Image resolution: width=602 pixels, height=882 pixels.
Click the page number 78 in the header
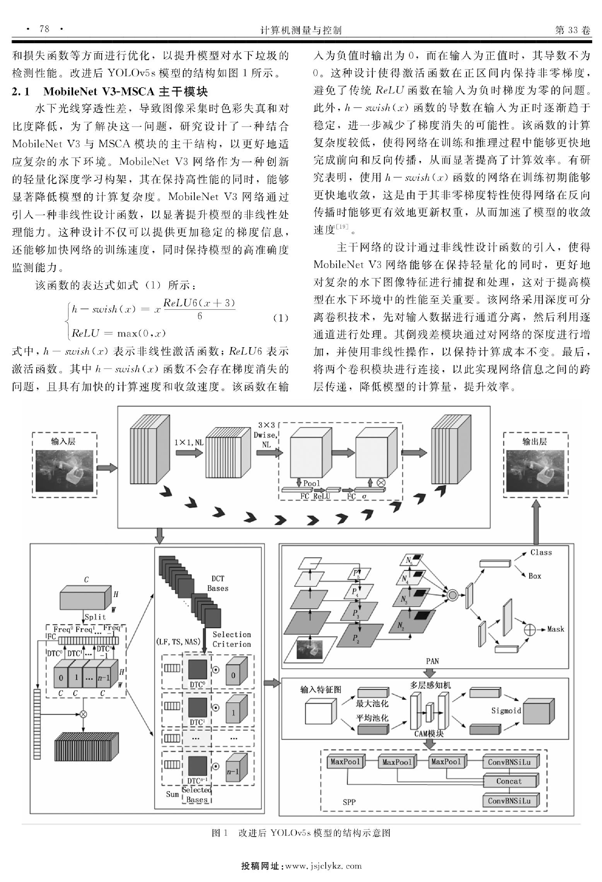44,29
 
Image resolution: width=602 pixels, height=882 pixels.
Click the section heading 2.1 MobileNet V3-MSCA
110,92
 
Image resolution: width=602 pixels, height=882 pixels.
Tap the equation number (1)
281,318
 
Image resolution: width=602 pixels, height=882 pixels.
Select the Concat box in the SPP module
509,781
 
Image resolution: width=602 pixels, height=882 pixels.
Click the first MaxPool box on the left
345,762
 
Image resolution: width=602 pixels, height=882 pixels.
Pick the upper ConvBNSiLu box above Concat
509,762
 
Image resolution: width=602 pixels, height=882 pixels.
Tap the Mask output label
555,629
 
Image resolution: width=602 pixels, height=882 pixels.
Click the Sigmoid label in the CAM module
506,711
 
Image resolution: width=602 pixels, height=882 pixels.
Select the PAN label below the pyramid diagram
432,661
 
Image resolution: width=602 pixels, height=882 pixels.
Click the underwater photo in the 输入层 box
64,471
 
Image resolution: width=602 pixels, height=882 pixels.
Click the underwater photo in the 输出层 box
535,471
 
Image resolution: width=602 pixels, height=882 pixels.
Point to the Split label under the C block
95,617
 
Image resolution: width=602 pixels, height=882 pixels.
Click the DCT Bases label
218,583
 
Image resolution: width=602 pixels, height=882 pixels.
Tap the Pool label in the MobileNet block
312,483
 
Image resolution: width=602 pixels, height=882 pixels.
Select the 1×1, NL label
188,442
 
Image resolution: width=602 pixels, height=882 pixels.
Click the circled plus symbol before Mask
530,629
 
